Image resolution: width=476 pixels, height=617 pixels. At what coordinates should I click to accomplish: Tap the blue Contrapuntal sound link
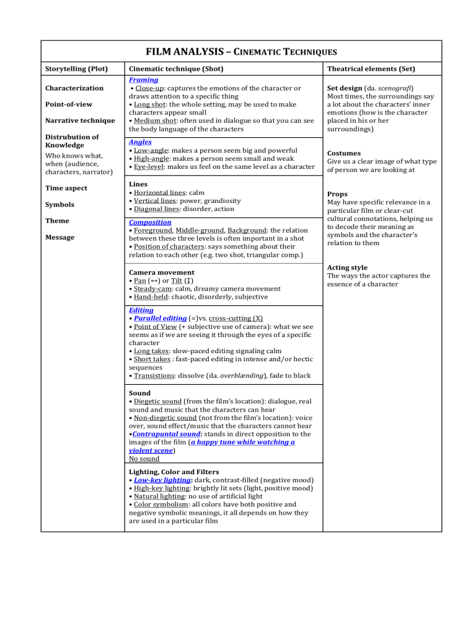click(160, 433)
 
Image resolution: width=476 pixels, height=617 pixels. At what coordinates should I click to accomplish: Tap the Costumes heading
click(345, 153)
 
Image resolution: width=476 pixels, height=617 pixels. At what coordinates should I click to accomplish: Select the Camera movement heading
click(161, 272)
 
